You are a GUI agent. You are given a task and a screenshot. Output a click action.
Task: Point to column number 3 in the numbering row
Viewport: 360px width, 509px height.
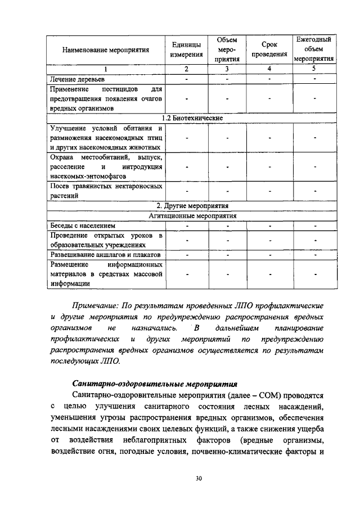(227, 69)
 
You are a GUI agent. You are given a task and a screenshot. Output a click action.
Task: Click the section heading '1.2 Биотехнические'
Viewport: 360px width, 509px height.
(191, 118)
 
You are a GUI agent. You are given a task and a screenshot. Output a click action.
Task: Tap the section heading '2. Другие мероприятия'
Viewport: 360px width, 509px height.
(191, 206)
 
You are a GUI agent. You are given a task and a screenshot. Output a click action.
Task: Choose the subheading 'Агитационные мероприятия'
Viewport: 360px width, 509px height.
(191, 215)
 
